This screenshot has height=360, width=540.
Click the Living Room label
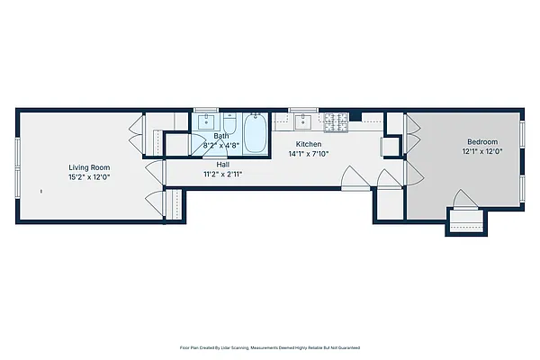(x=89, y=166)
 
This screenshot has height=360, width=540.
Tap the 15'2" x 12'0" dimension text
(x=89, y=176)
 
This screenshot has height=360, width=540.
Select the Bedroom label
(x=481, y=142)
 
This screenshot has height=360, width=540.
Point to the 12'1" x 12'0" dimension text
(x=481, y=152)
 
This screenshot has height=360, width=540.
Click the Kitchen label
(x=309, y=144)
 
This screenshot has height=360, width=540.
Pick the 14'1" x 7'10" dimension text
(x=309, y=154)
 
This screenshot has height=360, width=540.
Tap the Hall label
(x=222, y=165)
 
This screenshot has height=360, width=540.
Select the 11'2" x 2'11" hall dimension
(x=222, y=175)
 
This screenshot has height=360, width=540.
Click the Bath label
(x=220, y=136)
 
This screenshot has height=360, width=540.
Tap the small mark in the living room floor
(x=41, y=191)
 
